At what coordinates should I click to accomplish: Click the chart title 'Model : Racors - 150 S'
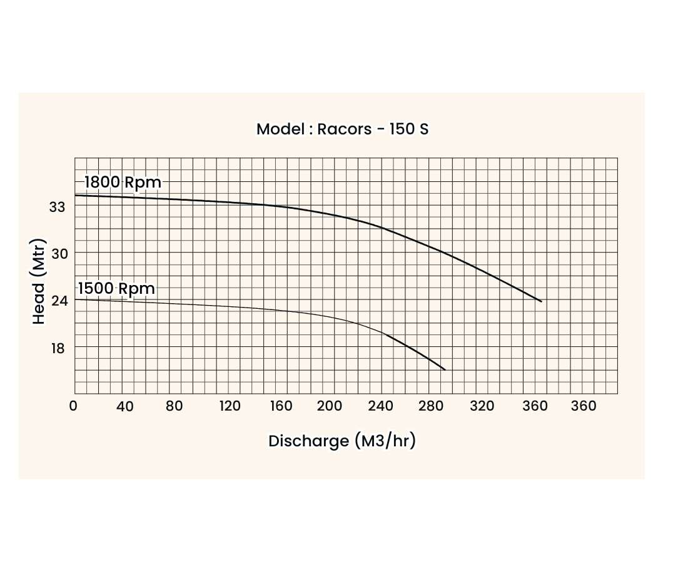[x=342, y=129]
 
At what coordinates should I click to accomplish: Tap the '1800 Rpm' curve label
[x=123, y=183]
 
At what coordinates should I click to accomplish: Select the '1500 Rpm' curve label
[x=116, y=289]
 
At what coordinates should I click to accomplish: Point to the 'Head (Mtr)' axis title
[x=39, y=281]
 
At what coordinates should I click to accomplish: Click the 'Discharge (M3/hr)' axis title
[x=342, y=441]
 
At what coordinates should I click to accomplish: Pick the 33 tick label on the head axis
[x=57, y=206]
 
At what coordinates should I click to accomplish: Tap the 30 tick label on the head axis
[x=58, y=253]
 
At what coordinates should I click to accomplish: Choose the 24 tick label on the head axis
[x=58, y=300]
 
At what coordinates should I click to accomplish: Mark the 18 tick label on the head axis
[x=58, y=348]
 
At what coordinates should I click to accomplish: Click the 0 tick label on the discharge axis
[x=73, y=406]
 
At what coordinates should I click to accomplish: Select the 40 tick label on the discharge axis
[x=125, y=406]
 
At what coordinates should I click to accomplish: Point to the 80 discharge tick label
[x=175, y=406]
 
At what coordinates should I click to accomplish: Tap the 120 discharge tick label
[x=230, y=406]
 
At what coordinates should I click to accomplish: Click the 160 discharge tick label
[x=281, y=406]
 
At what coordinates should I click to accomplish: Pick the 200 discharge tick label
[x=330, y=406]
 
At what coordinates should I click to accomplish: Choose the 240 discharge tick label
[x=381, y=406]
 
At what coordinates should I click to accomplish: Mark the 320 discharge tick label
[x=482, y=406]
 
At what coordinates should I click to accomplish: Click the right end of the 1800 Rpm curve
[x=541, y=301]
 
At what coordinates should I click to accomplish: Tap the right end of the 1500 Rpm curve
[x=445, y=369]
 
